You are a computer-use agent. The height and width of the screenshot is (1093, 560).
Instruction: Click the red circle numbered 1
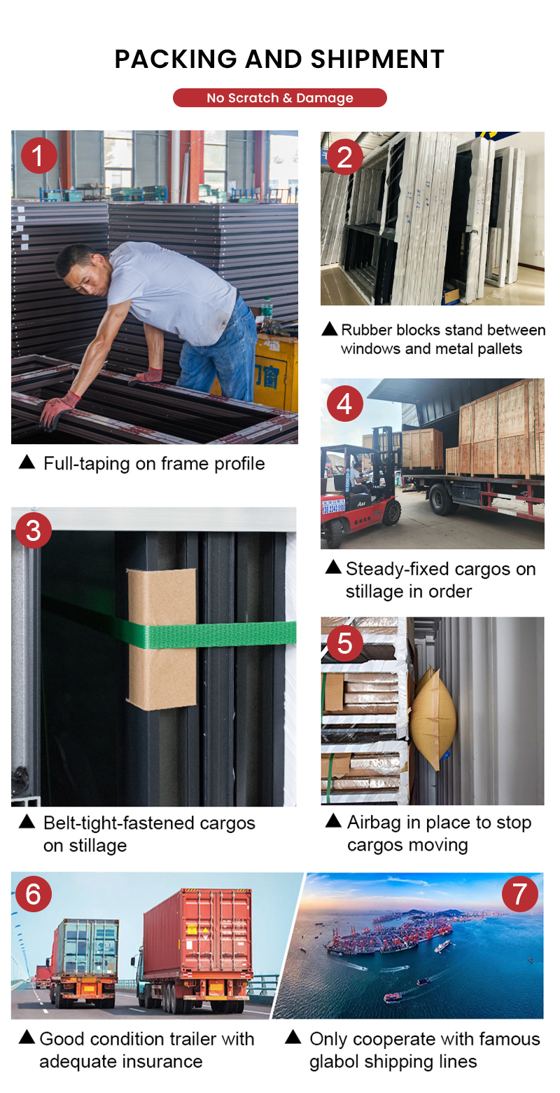click(39, 156)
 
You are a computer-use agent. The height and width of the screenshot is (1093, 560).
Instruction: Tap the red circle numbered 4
click(344, 404)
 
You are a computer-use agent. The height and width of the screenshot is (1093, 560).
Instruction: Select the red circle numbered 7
click(519, 894)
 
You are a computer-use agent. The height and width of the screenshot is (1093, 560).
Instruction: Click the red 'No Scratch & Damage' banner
click(280, 97)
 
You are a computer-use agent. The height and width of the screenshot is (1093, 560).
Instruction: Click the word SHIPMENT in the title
click(377, 60)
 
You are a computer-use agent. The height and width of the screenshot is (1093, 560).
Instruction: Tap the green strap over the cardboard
click(209, 634)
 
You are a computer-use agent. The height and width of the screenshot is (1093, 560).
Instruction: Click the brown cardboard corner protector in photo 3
click(162, 639)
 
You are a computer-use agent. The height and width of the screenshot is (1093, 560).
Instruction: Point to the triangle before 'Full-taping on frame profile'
click(27, 462)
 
